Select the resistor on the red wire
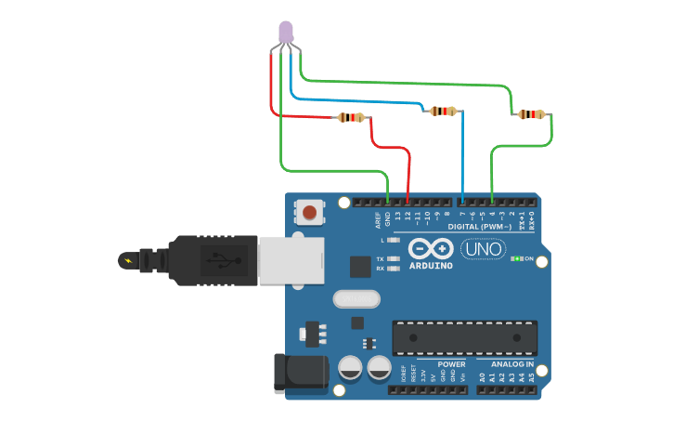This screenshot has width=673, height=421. (351, 117)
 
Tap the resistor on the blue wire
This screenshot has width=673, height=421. (443, 112)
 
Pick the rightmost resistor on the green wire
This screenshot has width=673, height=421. (531, 114)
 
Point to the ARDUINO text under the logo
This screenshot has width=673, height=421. (431, 266)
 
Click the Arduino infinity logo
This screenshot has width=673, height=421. (431, 249)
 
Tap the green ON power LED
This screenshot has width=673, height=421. (516, 258)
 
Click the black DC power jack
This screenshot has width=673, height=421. (302, 373)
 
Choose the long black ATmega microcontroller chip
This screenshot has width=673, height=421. (464, 337)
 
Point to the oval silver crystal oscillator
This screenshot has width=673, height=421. (356, 299)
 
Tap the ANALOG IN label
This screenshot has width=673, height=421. (506, 364)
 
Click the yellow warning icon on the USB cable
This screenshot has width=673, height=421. (126, 259)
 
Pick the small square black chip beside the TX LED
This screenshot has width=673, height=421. (361, 267)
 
